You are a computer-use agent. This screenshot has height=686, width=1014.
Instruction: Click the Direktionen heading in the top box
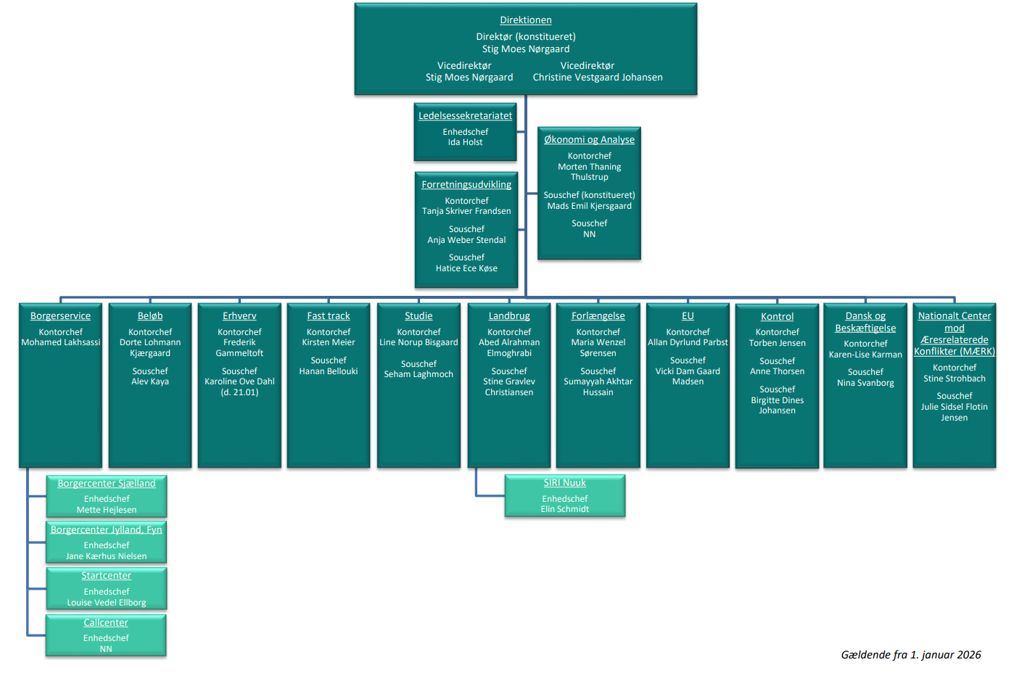pyautogui.click(x=525, y=20)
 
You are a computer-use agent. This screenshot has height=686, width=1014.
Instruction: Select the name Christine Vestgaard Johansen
pyautogui.click(x=598, y=78)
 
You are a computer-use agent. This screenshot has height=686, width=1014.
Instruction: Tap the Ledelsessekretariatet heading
pyautogui.click(x=465, y=116)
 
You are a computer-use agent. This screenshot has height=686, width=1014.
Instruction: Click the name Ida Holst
pyautogui.click(x=465, y=143)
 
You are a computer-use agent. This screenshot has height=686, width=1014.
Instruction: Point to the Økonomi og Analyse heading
pyautogui.click(x=589, y=140)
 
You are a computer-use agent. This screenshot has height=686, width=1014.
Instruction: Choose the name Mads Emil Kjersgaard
pyautogui.click(x=589, y=206)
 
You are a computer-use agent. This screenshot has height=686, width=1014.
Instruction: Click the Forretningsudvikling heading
pyautogui.click(x=466, y=185)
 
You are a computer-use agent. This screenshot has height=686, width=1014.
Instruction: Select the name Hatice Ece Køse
pyautogui.click(x=466, y=268)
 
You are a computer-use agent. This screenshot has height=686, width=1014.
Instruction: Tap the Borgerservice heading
pyautogui.click(x=60, y=316)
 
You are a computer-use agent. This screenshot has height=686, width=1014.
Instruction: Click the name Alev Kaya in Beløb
pyautogui.click(x=150, y=381)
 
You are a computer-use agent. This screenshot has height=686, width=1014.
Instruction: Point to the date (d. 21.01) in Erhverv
pyautogui.click(x=239, y=392)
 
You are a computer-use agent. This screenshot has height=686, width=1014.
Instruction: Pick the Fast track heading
pyautogui.click(x=329, y=316)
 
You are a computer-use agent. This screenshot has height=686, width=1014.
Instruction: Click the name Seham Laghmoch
pyautogui.click(x=419, y=374)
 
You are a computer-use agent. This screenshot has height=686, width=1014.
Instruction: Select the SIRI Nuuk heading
pyautogui.click(x=565, y=483)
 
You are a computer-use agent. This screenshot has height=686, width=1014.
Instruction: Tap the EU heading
pyautogui.click(x=688, y=316)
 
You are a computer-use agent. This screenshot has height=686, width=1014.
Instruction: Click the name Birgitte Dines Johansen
pyautogui.click(x=777, y=405)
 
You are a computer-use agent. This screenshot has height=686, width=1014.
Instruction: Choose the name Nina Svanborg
pyautogui.click(x=865, y=383)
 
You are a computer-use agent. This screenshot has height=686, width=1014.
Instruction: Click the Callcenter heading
pyautogui.click(x=106, y=623)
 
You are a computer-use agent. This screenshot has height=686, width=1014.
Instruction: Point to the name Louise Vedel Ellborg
pyautogui.click(x=107, y=603)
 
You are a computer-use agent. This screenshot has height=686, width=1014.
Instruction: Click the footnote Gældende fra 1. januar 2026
pyautogui.click(x=911, y=655)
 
